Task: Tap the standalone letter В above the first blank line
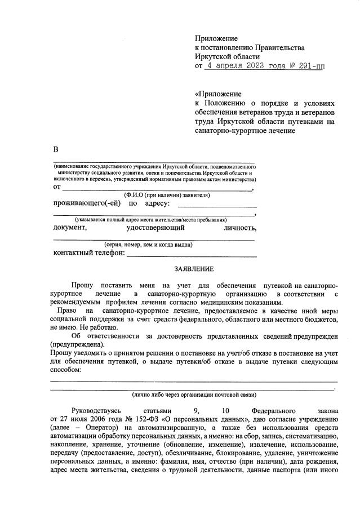point(56,149)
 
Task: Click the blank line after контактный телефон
point(192,255)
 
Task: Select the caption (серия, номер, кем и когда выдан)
point(149,245)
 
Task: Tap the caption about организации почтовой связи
point(194,394)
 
